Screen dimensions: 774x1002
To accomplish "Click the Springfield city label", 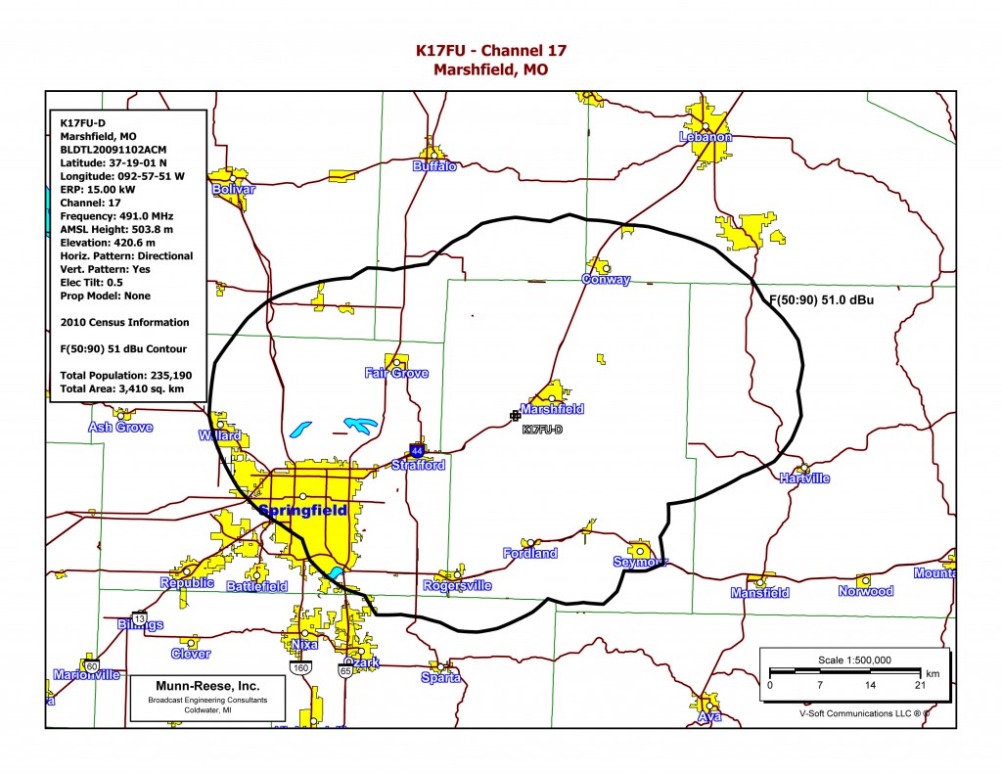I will (x=302, y=510).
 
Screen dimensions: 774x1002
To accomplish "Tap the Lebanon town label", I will (x=705, y=138).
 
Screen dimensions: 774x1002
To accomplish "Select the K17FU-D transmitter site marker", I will (x=516, y=416).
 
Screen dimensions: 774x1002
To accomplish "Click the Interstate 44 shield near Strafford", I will (x=417, y=452).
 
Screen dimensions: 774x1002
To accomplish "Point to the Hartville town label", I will (x=804, y=478).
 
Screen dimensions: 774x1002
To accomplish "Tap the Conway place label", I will (x=606, y=280).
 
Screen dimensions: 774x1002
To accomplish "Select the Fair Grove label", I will (x=396, y=373).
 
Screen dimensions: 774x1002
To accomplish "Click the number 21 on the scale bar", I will (x=920, y=685).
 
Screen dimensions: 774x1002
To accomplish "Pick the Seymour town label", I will (x=640, y=562).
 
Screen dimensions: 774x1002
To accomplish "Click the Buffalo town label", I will (x=434, y=167).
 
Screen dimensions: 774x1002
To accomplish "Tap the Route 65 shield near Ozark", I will (x=345, y=671).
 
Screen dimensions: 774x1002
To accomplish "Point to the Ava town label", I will (x=709, y=717).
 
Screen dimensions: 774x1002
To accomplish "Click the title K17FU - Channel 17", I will (x=490, y=50).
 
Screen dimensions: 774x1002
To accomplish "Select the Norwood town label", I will (x=865, y=591).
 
